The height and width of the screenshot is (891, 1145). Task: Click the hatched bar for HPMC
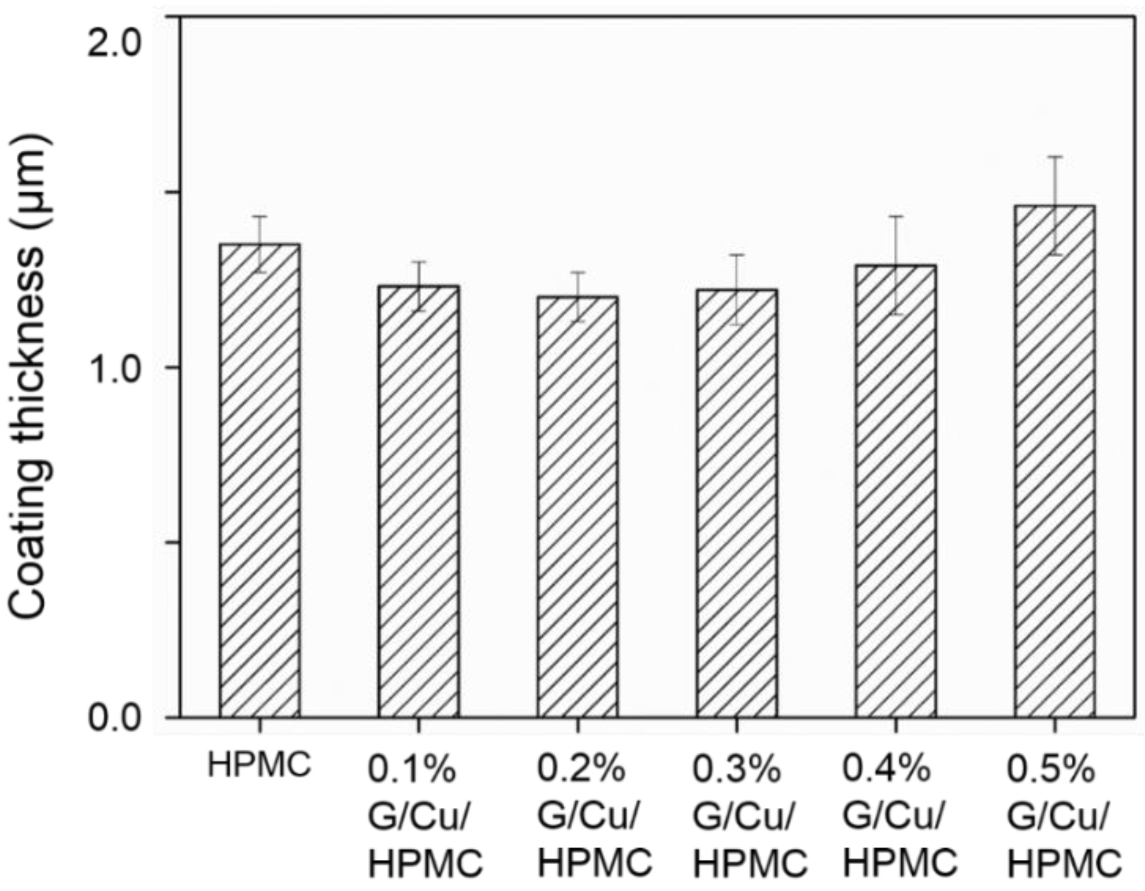pos(259,480)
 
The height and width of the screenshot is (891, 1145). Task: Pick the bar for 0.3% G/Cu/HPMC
pos(736,503)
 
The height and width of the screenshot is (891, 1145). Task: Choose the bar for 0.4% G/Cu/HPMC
pos(896,491)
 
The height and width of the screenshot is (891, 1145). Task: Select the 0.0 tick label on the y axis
pos(114,718)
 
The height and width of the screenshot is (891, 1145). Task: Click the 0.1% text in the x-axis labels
pos(412,770)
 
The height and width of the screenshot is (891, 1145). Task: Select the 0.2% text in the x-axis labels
pos(581,769)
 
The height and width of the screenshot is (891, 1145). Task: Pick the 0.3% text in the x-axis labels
pos(737,769)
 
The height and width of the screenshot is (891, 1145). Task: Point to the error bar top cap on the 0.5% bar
pos(1055,157)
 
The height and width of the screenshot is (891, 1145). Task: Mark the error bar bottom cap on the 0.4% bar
pos(896,314)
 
